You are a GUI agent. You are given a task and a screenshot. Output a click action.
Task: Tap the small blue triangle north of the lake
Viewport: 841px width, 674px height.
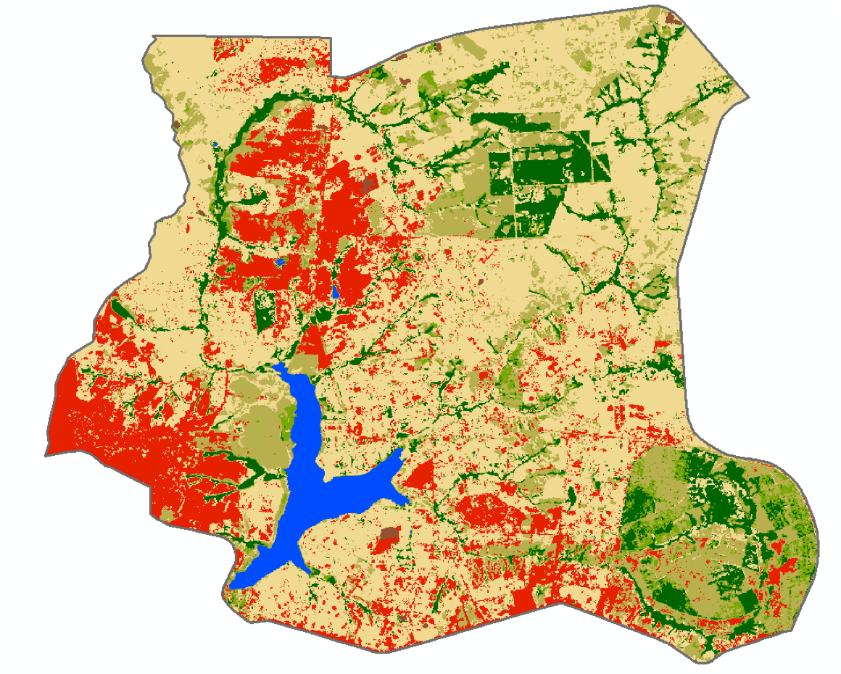[336, 291]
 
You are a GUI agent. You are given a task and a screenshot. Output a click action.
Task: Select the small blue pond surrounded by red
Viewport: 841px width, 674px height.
[281, 262]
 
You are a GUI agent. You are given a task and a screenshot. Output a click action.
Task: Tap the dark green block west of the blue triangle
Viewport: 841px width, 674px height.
[262, 312]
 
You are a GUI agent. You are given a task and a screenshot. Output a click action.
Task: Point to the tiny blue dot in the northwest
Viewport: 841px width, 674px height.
[216, 143]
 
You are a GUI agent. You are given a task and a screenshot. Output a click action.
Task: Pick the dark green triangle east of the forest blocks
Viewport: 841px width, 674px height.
[601, 167]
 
